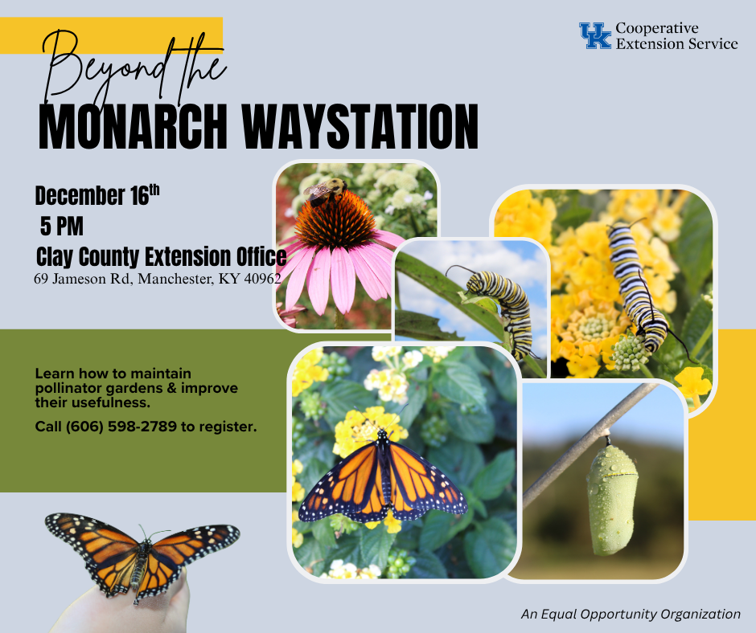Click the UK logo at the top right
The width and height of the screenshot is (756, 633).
(x=595, y=36)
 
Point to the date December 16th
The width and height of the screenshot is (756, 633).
(x=97, y=195)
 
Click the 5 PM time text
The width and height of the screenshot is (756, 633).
(x=61, y=226)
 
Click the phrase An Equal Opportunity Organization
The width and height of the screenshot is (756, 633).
(x=631, y=614)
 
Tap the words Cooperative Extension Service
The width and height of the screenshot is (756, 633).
(x=676, y=36)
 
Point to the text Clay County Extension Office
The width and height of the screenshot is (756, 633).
(x=161, y=257)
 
